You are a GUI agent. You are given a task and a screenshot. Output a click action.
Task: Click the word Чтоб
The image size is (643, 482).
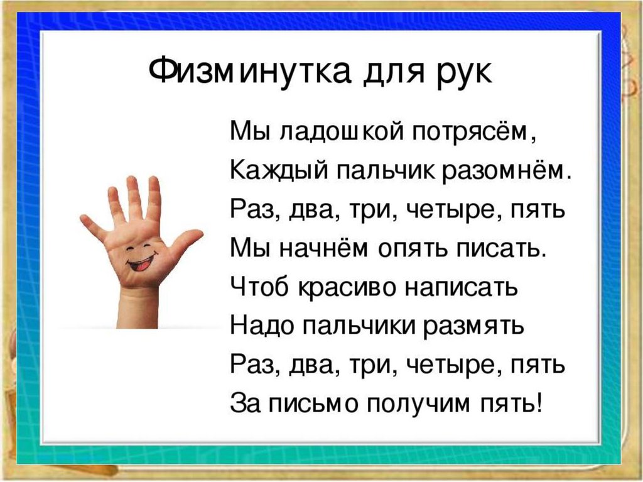click(x=258, y=288)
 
